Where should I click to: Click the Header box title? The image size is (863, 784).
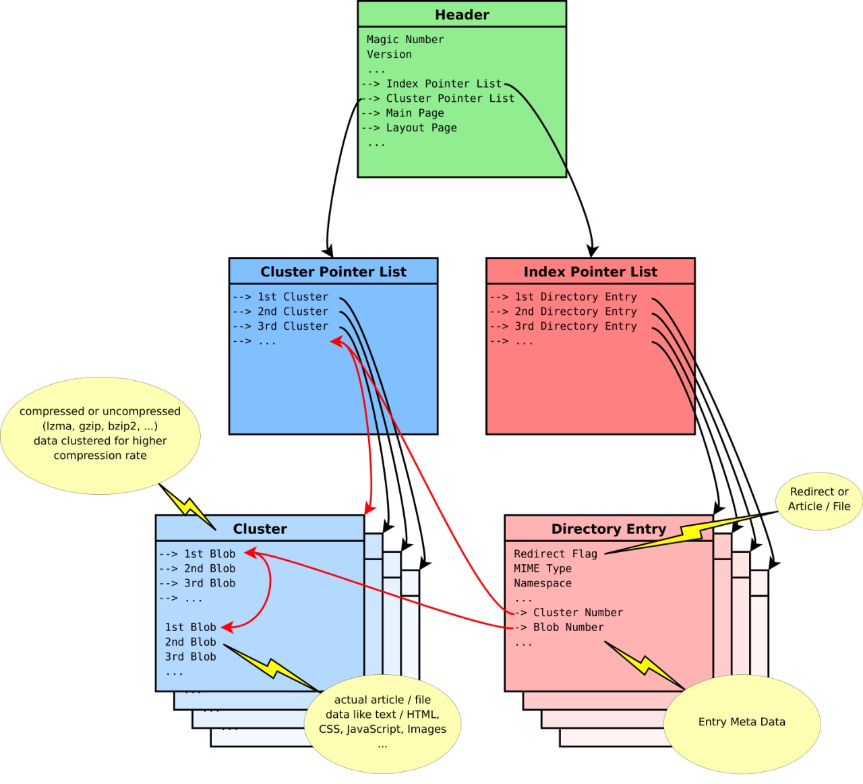tap(462, 15)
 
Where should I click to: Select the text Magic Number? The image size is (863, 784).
tap(405, 40)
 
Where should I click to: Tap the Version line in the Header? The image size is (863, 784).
tap(389, 55)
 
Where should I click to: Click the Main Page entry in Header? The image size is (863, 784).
tap(414, 113)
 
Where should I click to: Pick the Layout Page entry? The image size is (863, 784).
tap(421, 128)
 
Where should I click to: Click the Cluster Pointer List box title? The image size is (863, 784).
tap(333, 272)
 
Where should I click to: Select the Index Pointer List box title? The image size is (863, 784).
tap(590, 272)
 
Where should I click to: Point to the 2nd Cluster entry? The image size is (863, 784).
tap(293, 311)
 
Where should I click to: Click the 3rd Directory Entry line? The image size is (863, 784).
tap(575, 326)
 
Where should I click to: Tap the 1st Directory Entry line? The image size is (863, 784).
tap(575, 297)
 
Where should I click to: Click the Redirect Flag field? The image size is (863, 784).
tap(556, 554)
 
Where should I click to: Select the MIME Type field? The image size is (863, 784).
tap(543, 569)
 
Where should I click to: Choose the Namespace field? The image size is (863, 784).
tap(543, 584)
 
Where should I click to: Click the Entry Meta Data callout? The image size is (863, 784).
tap(742, 722)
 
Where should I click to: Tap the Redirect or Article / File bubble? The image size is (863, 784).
tap(819, 500)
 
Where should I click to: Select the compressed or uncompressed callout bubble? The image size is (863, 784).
tap(100, 433)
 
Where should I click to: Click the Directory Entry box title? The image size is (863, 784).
tap(608, 529)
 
